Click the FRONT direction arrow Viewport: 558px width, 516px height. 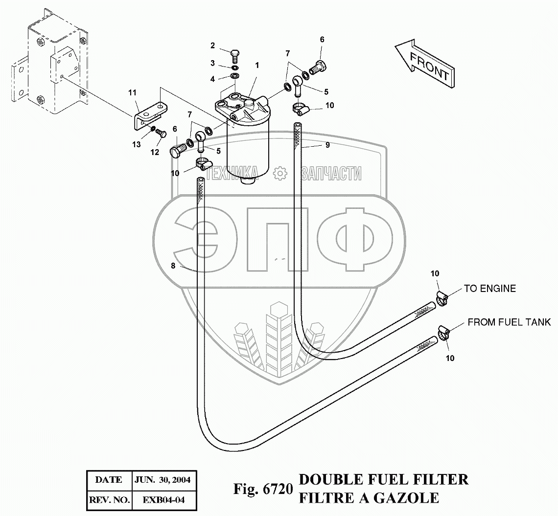(x=424, y=63)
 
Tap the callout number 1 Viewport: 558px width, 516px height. (x=257, y=65)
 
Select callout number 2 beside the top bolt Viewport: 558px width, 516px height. (x=213, y=46)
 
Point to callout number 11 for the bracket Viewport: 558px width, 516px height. (x=132, y=92)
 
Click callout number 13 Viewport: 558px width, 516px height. (x=136, y=144)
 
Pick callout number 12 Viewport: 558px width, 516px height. (x=155, y=152)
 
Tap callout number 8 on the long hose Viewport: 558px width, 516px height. (x=173, y=266)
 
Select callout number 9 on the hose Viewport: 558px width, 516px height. (x=327, y=145)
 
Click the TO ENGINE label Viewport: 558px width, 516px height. (x=489, y=289)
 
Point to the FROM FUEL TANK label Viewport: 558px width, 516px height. (x=509, y=322)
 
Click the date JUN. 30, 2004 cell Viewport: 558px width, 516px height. (x=163, y=480)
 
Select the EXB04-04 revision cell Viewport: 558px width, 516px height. (x=163, y=500)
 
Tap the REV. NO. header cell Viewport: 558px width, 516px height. (x=109, y=500)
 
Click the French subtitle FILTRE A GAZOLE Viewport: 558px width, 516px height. (x=369, y=497)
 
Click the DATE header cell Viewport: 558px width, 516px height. (x=109, y=480)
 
